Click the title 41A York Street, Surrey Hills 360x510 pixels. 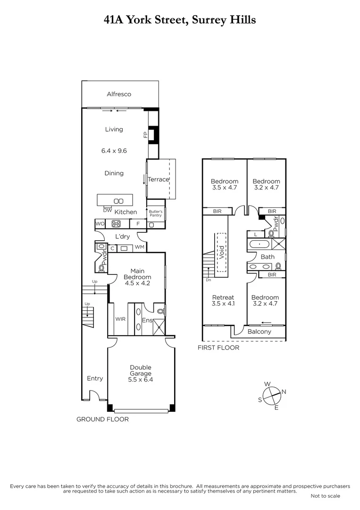pos(180,19)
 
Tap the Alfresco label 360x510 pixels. pos(119,94)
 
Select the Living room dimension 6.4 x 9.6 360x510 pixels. pos(114,151)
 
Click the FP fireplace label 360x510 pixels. pos(145,136)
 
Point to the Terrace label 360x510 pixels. pos(158,179)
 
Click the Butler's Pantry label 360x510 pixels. pos(156,213)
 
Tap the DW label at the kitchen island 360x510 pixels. pos(107,210)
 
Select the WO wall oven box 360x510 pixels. pos(100,224)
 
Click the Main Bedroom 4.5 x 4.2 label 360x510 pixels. pos(137,277)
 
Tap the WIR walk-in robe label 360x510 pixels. pos(120,319)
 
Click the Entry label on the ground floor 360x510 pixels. pos(95,378)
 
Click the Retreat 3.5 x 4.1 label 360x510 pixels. pos(223,301)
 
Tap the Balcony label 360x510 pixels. pos(260,331)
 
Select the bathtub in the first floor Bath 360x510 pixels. pos(260,245)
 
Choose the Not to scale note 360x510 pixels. pos(325,496)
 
